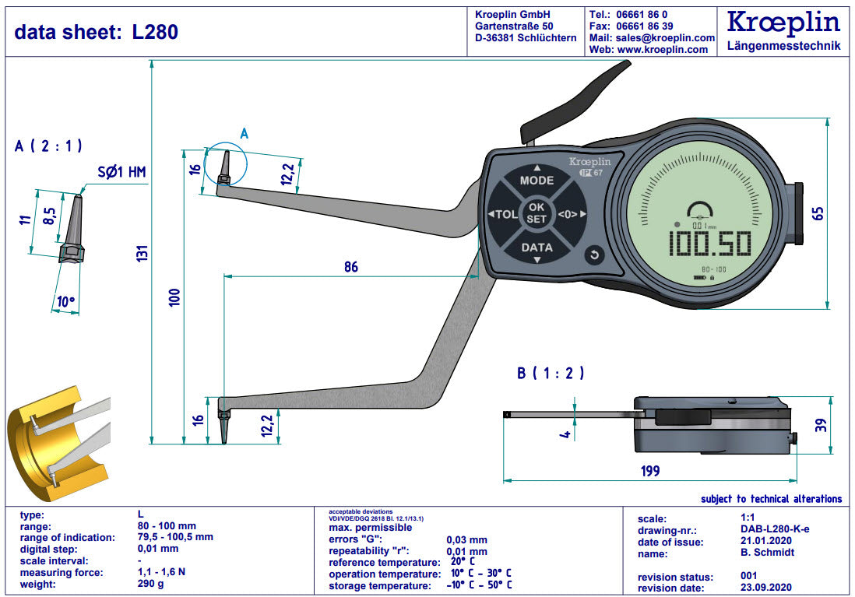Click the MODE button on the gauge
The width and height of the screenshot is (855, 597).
[x=537, y=180]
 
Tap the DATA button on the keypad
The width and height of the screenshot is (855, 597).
[x=537, y=248]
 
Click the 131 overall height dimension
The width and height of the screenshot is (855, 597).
[x=141, y=251]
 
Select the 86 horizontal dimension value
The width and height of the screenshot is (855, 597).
[x=351, y=267]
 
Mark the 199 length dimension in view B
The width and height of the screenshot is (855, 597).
[x=649, y=470]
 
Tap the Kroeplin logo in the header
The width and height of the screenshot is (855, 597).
[x=783, y=22]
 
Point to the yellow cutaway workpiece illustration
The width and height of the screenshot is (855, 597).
[x=55, y=442]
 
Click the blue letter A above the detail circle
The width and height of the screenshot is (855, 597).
[x=244, y=134]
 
